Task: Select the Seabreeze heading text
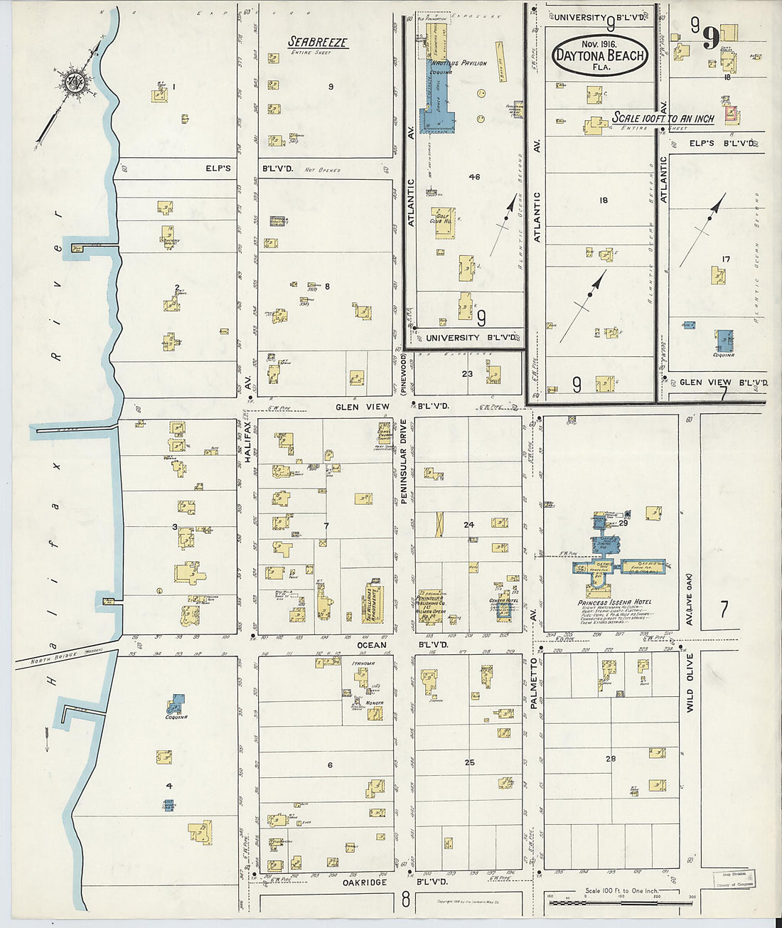pyautogui.click(x=317, y=42)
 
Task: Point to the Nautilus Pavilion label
pyautogui.click(x=464, y=63)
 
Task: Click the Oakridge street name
pyautogui.click(x=364, y=882)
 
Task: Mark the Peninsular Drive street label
pyautogui.click(x=403, y=462)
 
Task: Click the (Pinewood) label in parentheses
pyautogui.click(x=403, y=370)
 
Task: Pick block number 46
pyautogui.click(x=474, y=176)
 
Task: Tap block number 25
pyautogui.click(x=469, y=762)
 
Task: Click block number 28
pyautogui.click(x=611, y=759)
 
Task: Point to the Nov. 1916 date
pyautogui.click(x=599, y=44)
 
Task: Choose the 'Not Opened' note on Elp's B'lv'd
pyautogui.click(x=322, y=171)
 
